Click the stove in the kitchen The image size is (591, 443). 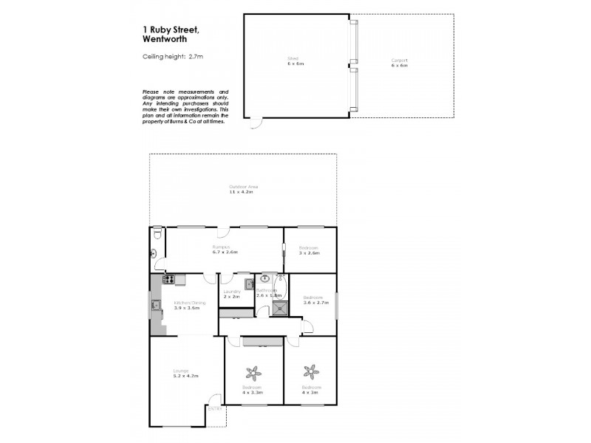point(168,279)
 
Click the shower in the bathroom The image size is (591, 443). point(279,308)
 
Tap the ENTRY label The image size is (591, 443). point(214,408)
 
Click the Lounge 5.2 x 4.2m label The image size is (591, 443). point(182,374)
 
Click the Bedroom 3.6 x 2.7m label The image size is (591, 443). point(313,300)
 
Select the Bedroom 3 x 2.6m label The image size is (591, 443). point(309,250)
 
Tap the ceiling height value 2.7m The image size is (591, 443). point(196,56)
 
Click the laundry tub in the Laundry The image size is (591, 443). point(249,282)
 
